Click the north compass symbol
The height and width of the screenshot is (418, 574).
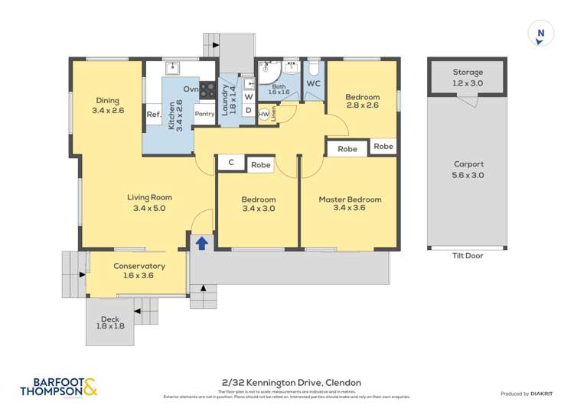tap(540, 33)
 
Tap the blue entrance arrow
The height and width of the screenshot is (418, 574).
tap(202, 242)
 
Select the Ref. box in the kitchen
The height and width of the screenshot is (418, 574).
tap(153, 115)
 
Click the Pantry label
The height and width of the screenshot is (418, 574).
tap(204, 114)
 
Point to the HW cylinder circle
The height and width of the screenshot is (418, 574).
tap(263, 114)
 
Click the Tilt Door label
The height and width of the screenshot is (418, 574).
tap(467, 255)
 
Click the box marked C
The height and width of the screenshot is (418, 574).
tap(231, 163)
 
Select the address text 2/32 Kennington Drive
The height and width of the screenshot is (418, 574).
tap(286, 382)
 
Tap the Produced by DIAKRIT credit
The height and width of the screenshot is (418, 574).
tap(525, 394)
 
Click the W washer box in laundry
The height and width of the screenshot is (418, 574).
tap(248, 97)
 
